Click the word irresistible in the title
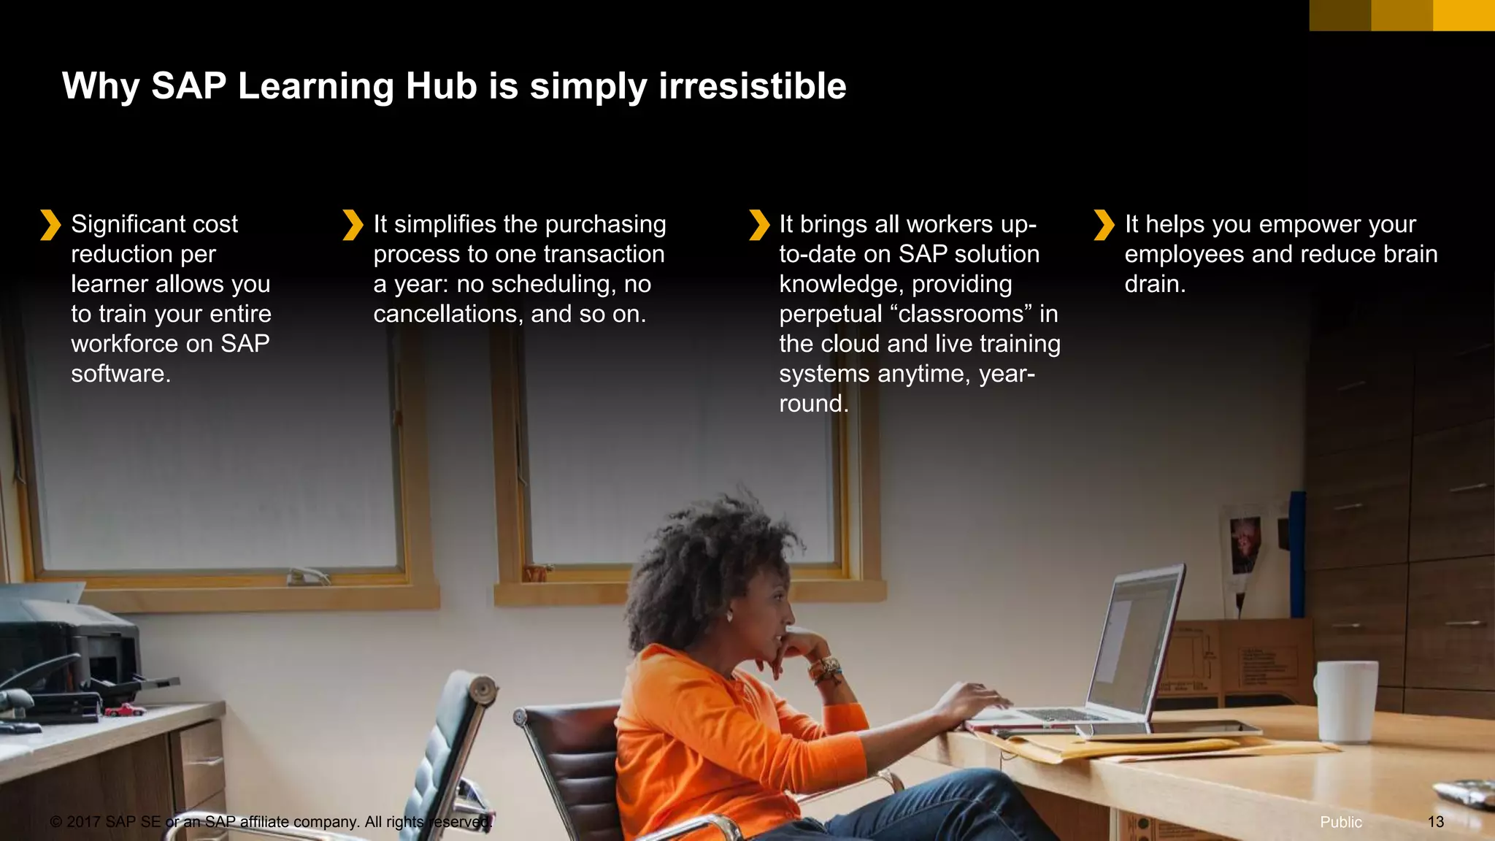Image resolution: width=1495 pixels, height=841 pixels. [752, 86]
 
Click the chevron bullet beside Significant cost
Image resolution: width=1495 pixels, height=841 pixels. [50, 225]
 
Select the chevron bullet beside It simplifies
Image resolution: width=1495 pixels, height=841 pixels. [353, 225]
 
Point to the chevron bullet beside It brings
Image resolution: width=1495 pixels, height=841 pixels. [759, 225]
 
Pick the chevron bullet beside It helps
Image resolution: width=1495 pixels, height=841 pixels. [1104, 225]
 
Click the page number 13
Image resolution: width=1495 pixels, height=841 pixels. [1435, 822]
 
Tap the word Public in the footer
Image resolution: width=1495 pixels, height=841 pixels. [1340, 822]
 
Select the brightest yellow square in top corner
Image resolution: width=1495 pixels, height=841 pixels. [1464, 15]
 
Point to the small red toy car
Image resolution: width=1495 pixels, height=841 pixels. [124, 709]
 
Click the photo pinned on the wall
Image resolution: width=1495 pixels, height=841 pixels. [1245, 544]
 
